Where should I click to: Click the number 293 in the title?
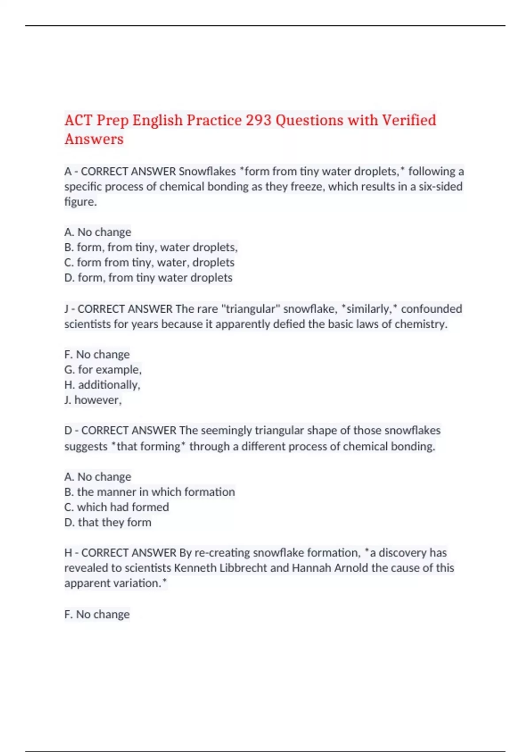(x=258, y=120)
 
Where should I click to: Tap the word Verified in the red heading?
(x=409, y=120)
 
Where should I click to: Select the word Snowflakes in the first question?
(x=207, y=171)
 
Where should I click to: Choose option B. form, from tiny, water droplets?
(x=151, y=247)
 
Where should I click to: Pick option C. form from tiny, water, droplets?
(x=149, y=262)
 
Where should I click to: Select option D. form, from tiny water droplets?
(x=148, y=278)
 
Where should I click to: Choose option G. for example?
(x=103, y=370)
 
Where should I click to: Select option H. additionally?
(x=102, y=385)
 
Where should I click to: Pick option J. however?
(x=93, y=400)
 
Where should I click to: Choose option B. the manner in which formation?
(x=150, y=492)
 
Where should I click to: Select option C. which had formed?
(x=116, y=507)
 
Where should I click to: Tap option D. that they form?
(x=108, y=522)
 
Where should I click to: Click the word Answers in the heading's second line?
(x=94, y=139)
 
